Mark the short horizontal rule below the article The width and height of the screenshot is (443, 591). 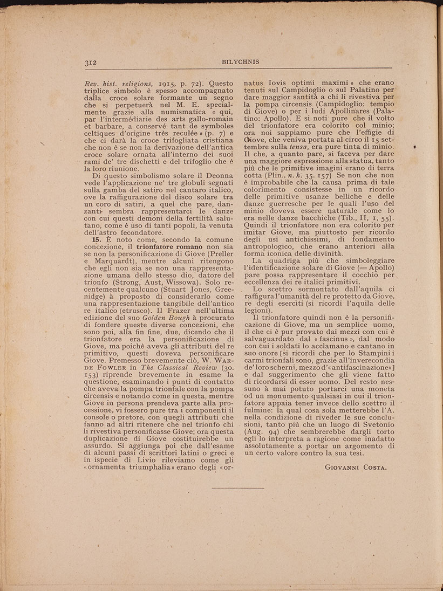click(238, 488)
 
